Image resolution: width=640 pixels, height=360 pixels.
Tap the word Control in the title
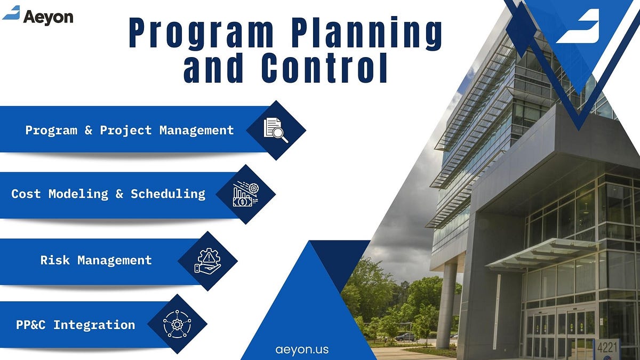click(324, 70)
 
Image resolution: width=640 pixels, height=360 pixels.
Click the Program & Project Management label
click(130, 130)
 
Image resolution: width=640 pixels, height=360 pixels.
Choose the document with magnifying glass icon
click(276, 130)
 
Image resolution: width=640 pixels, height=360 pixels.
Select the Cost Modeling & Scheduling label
click(108, 194)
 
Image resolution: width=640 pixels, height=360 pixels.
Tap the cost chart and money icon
click(245, 194)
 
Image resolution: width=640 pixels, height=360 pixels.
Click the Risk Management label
click(96, 260)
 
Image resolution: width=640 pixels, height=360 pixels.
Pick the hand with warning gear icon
click(207, 261)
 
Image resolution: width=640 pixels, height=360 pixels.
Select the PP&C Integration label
click(75, 324)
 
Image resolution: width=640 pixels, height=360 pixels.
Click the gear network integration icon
click(177, 324)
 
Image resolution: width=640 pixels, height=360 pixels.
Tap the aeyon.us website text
click(302, 350)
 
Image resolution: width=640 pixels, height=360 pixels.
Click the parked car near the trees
click(405, 337)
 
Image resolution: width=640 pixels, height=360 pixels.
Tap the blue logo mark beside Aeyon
click(11, 13)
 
